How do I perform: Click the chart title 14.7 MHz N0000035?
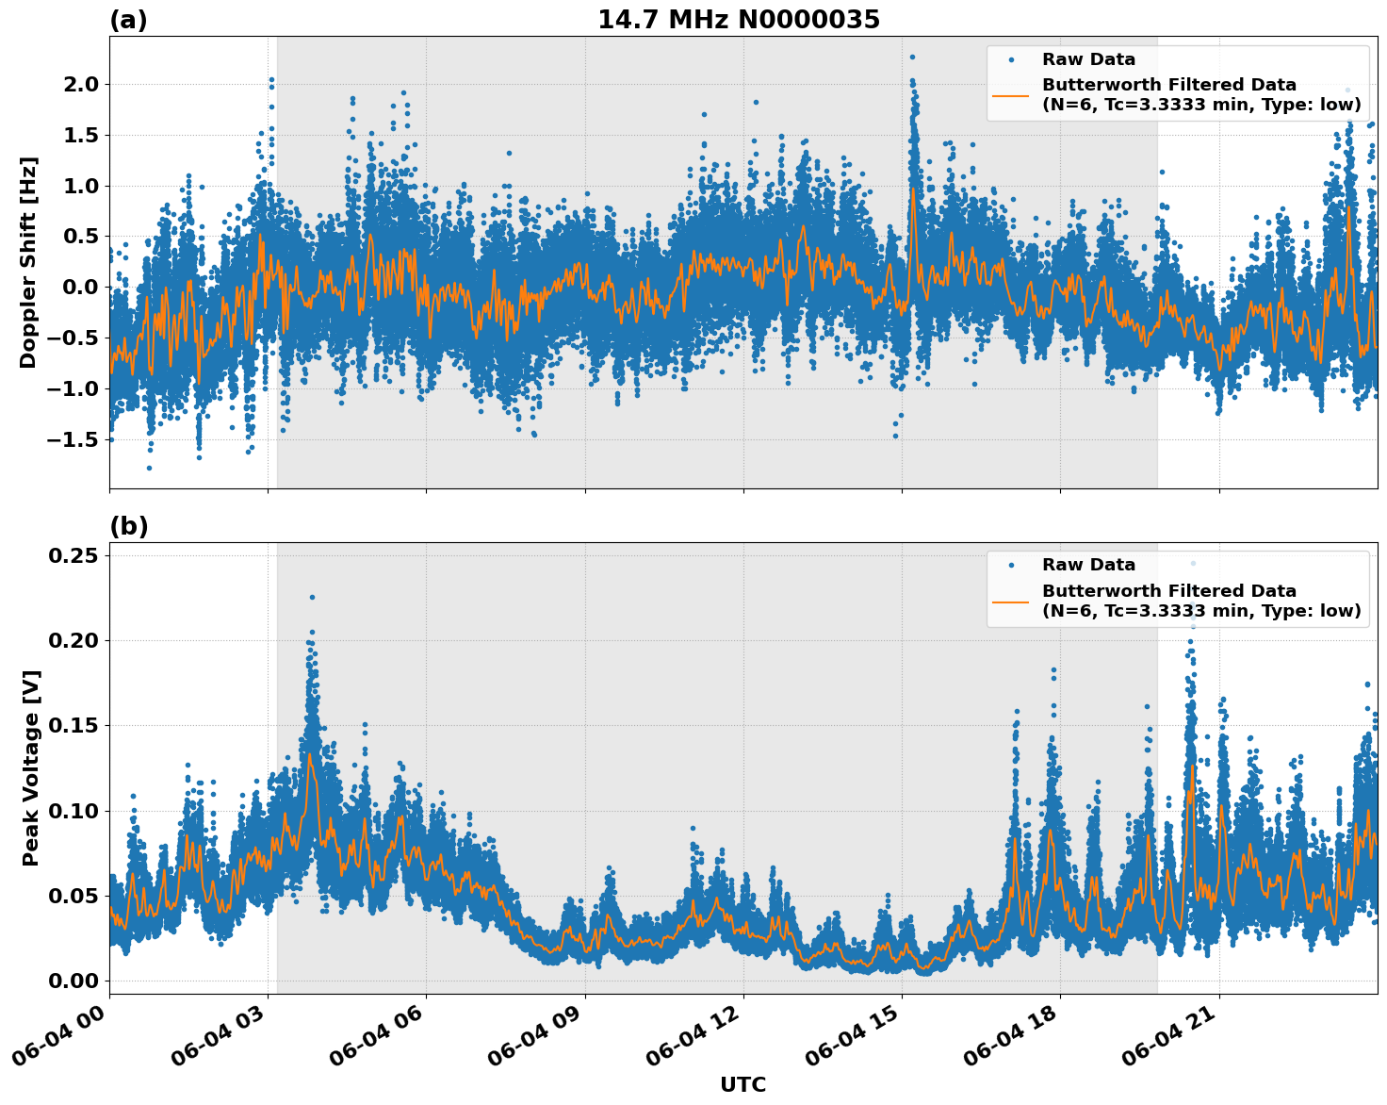[738, 20]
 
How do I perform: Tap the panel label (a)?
[128, 20]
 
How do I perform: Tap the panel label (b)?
[128, 526]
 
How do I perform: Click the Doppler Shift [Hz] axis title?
[28, 262]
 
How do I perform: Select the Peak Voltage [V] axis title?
[30, 767]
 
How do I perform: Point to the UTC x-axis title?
[742, 1084]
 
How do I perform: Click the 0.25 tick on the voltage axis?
[73, 556]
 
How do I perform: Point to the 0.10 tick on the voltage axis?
[73, 811]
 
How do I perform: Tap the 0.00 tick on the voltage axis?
[73, 981]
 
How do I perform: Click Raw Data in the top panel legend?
[1088, 59]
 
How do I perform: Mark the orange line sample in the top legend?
[1010, 95]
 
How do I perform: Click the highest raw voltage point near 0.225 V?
[312, 597]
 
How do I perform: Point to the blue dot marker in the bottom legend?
[1010, 565]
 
